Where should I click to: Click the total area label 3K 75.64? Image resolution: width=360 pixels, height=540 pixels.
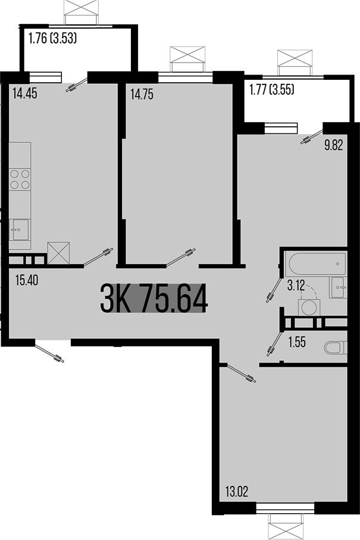154,298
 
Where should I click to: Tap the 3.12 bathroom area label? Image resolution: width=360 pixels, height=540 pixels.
296,286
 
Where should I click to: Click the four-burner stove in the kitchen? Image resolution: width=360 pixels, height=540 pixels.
20,179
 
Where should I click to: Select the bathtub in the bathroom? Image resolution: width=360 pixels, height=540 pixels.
314,262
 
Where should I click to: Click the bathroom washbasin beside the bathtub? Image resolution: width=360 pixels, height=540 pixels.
338,286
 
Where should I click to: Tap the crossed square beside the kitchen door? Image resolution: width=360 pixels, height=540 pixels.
59,252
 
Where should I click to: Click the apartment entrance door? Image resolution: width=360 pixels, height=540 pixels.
49,351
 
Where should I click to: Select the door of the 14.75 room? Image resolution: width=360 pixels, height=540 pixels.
181,258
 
